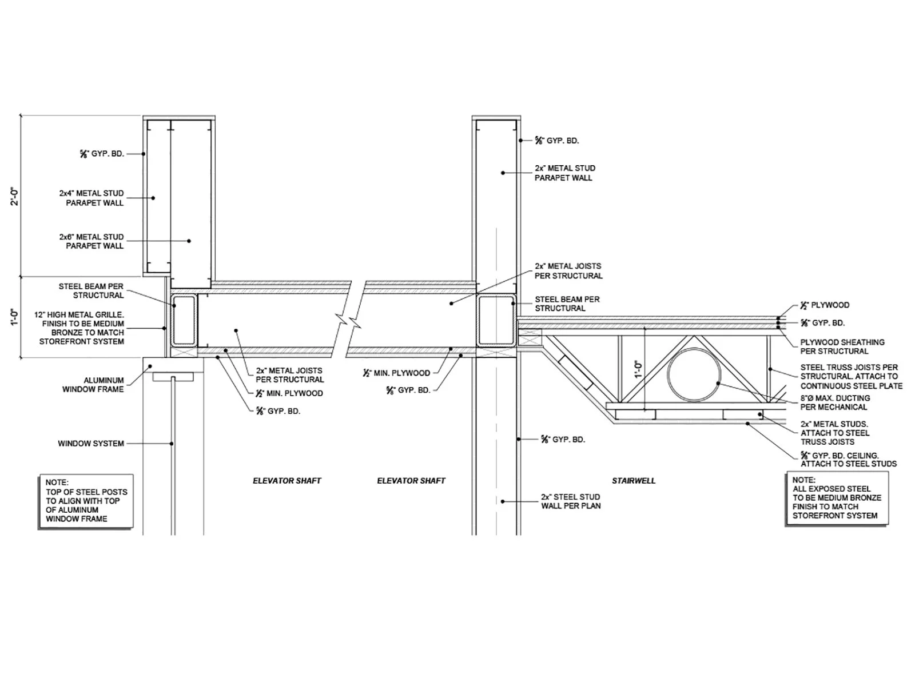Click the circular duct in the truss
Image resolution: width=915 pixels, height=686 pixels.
[694, 374]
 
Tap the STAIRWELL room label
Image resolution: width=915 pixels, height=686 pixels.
[634, 481]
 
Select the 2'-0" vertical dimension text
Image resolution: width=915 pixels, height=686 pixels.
[15, 196]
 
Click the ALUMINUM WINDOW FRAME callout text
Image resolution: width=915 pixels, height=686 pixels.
[93, 385]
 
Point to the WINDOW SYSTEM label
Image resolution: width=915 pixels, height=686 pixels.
[91, 444]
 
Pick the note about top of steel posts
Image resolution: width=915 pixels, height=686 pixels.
[86, 501]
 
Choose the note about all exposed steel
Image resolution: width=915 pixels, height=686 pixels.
[837, 498]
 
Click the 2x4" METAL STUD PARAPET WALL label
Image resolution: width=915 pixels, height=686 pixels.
[91, 198]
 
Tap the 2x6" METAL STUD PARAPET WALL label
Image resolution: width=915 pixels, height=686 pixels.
[91, 241]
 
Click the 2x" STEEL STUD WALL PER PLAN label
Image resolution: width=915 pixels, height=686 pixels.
[570, 501]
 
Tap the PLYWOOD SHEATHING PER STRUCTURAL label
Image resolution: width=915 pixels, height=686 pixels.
[842, 346]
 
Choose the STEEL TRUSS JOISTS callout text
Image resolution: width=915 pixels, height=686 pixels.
[851, 376]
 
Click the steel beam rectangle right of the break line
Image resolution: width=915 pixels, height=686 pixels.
[496, 321]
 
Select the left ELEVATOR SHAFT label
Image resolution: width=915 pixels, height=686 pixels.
[287, 481]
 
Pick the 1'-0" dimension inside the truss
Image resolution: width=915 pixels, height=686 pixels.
[638, 369]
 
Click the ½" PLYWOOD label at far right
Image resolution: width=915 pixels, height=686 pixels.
[824, 305]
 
